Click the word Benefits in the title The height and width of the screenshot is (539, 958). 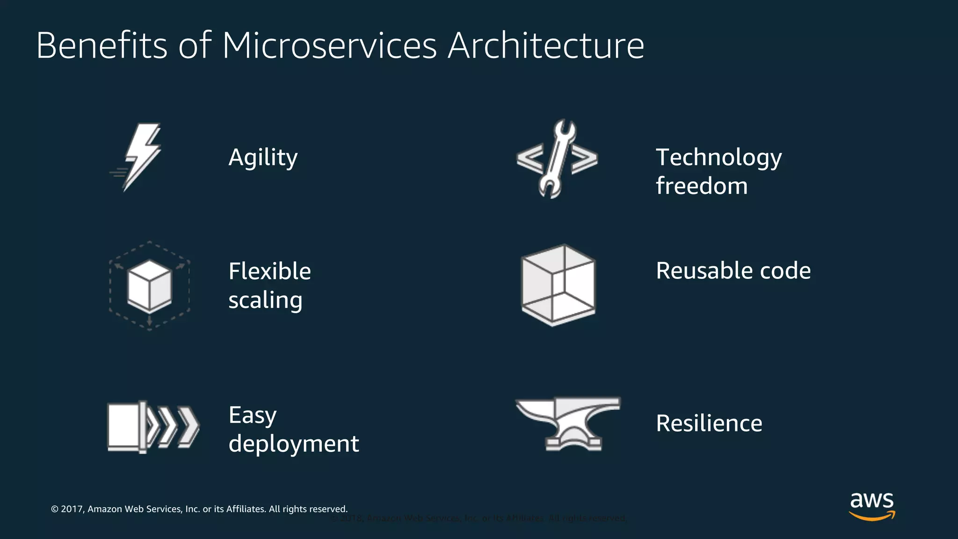[102, 46]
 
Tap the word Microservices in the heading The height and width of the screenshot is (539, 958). [329, 46]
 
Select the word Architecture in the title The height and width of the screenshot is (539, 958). [546, 46]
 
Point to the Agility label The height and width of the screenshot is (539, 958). [263, 157]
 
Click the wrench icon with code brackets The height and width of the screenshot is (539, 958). [557, 159]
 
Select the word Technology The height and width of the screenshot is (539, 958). [718, 157]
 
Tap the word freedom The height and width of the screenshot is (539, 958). [702, 186]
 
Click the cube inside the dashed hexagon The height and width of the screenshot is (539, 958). [150, 286]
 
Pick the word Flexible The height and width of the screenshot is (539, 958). [269, 271]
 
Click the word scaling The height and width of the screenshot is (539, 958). [265, 300]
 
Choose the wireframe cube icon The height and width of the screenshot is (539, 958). [558, 285]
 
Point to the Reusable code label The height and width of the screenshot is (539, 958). [733, 270]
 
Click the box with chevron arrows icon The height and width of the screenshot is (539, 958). [153, 427]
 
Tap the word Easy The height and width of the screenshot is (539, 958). [253, 415]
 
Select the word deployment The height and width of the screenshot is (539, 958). [293, 444]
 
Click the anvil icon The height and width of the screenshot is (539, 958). [567, 423]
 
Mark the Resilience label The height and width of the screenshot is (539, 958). [709, 423]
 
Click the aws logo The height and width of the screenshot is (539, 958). [871, 506]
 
